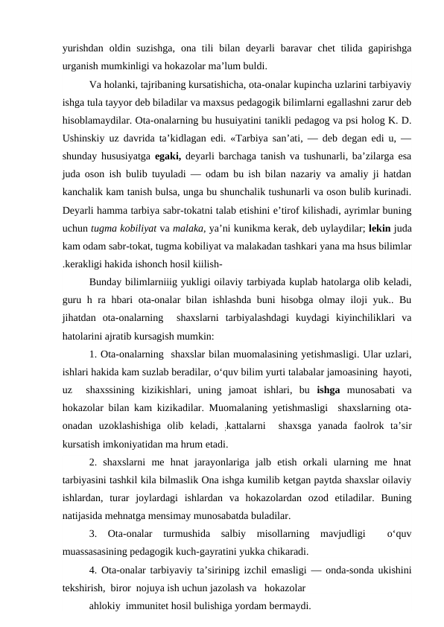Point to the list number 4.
click(92, 570)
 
